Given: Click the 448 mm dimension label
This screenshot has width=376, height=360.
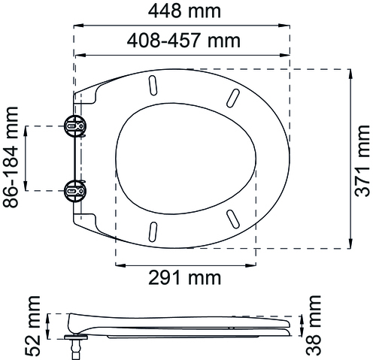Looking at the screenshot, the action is tap(184, 11).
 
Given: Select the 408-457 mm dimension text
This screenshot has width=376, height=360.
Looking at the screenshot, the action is tap(183, 41).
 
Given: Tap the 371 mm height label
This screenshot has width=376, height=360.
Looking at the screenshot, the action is tap(362, 160).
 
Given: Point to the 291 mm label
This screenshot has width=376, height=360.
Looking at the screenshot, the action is tap(185, 277).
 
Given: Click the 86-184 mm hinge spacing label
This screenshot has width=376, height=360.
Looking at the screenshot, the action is tap(11, 157).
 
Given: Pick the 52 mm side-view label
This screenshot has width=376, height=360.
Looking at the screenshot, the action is tap(32, 326).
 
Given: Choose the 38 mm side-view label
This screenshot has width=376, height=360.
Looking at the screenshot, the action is tap(314, 325).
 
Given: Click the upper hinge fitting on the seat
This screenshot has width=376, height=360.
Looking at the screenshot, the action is tap(75, 126).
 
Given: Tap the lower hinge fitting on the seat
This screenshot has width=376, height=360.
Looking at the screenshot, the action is tap(75, 191).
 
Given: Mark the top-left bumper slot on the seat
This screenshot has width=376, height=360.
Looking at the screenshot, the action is tap(153, 85).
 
